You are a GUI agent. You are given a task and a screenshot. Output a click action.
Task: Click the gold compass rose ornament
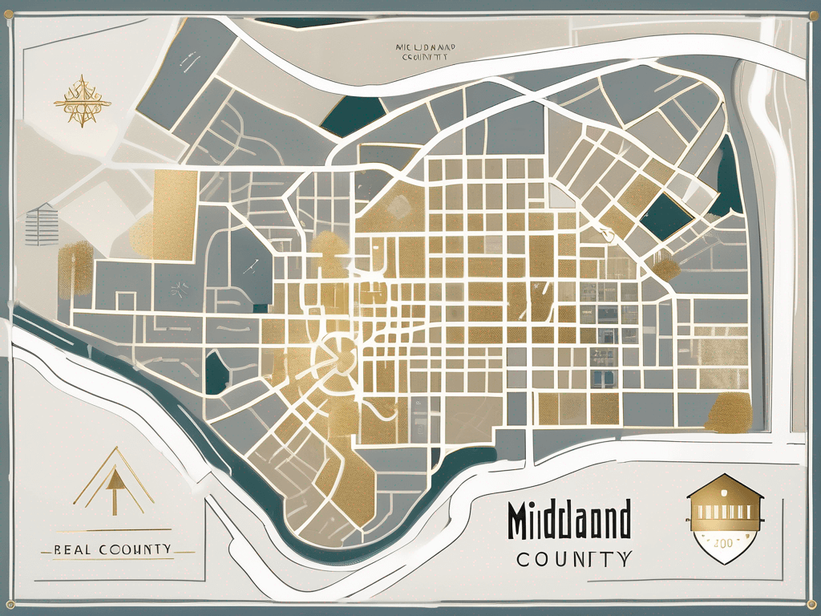point(81,102)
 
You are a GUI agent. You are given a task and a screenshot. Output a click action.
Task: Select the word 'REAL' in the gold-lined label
point(74,549)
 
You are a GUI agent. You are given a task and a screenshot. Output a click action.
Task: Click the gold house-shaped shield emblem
point(724,517)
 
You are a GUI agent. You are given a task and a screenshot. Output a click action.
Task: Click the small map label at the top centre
point(426,53)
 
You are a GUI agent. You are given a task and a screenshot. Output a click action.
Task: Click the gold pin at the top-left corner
point(11,10)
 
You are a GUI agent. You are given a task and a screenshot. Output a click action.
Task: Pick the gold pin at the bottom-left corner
point(11,606)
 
